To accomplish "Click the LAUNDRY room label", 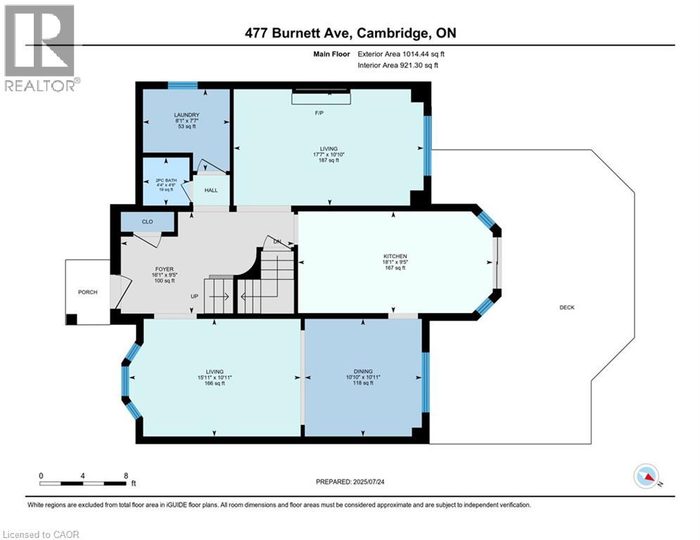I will (187, 115).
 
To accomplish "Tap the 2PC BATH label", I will (167, 181).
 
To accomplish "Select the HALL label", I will (211, 190).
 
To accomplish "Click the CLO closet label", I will (147, 221).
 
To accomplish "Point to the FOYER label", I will (164, 269).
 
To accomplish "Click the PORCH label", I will (88, 292).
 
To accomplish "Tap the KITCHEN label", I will (395, 256).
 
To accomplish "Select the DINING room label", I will (363, 371).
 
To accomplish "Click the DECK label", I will (567, 307).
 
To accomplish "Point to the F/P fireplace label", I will (323, 112).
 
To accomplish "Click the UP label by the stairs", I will (195, 296).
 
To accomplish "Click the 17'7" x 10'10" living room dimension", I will (329, 155).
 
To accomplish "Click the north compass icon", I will (644, 476).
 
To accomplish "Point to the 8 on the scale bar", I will (125, 476).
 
